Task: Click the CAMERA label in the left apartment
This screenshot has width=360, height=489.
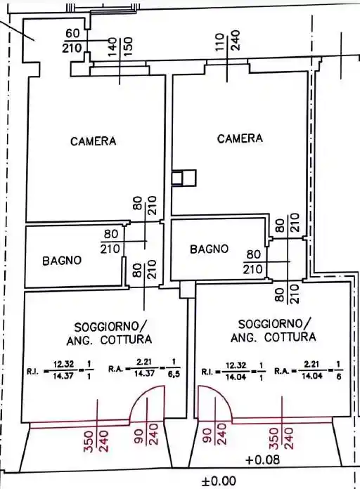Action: point(94,141)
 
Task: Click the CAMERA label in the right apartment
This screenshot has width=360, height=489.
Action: point(240,138)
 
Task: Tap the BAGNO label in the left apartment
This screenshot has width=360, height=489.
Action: point(62,261)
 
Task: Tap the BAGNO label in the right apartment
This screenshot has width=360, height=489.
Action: point(210,249)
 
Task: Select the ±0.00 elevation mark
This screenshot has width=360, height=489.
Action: point(219,481)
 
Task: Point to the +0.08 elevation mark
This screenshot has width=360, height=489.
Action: point(262,459)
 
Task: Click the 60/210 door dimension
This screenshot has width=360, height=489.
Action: point(72,41)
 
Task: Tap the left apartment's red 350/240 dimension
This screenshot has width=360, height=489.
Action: point(96,441)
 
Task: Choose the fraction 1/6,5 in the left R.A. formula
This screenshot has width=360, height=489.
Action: point(174,368)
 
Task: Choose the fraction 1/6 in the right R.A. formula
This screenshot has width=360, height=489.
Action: point(339,370)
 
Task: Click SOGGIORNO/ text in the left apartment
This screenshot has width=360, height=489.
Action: point(110,327)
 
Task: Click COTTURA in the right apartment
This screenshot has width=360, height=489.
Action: point(290,337)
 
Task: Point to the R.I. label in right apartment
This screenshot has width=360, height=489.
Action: point(207,372)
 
